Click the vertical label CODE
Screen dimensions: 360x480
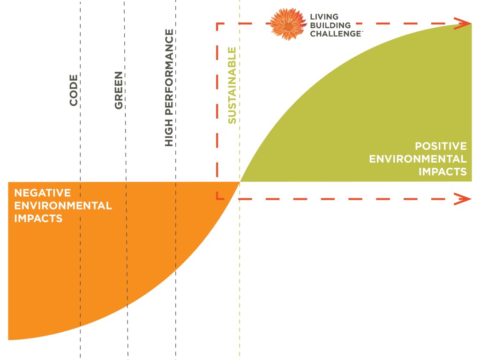pyautogui.click(x=74, y=90)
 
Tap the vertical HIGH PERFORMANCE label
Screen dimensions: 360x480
pyautogui.click(x=169, y=88)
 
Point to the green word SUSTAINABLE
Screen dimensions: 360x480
pyautogui.click(x=232, y=85)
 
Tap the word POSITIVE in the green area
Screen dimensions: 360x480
pyautogui.click(x=441, y=146)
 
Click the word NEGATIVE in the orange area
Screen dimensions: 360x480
pyautogui.click(x=42, y=193)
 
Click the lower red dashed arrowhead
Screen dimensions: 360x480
pyautogui.click(x=464, y=199)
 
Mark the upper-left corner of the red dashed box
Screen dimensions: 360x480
pyautogui.click(x=217, y=23)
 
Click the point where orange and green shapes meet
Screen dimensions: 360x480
pyautogui.click(x=240, y=182)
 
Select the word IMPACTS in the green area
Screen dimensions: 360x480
pyautogui.click(x=442, y=172)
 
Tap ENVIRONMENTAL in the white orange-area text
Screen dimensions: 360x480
pyautogui.click(x=63, y=205)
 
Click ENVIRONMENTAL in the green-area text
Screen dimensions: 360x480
pyautogui.click(x=418, y=159)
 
